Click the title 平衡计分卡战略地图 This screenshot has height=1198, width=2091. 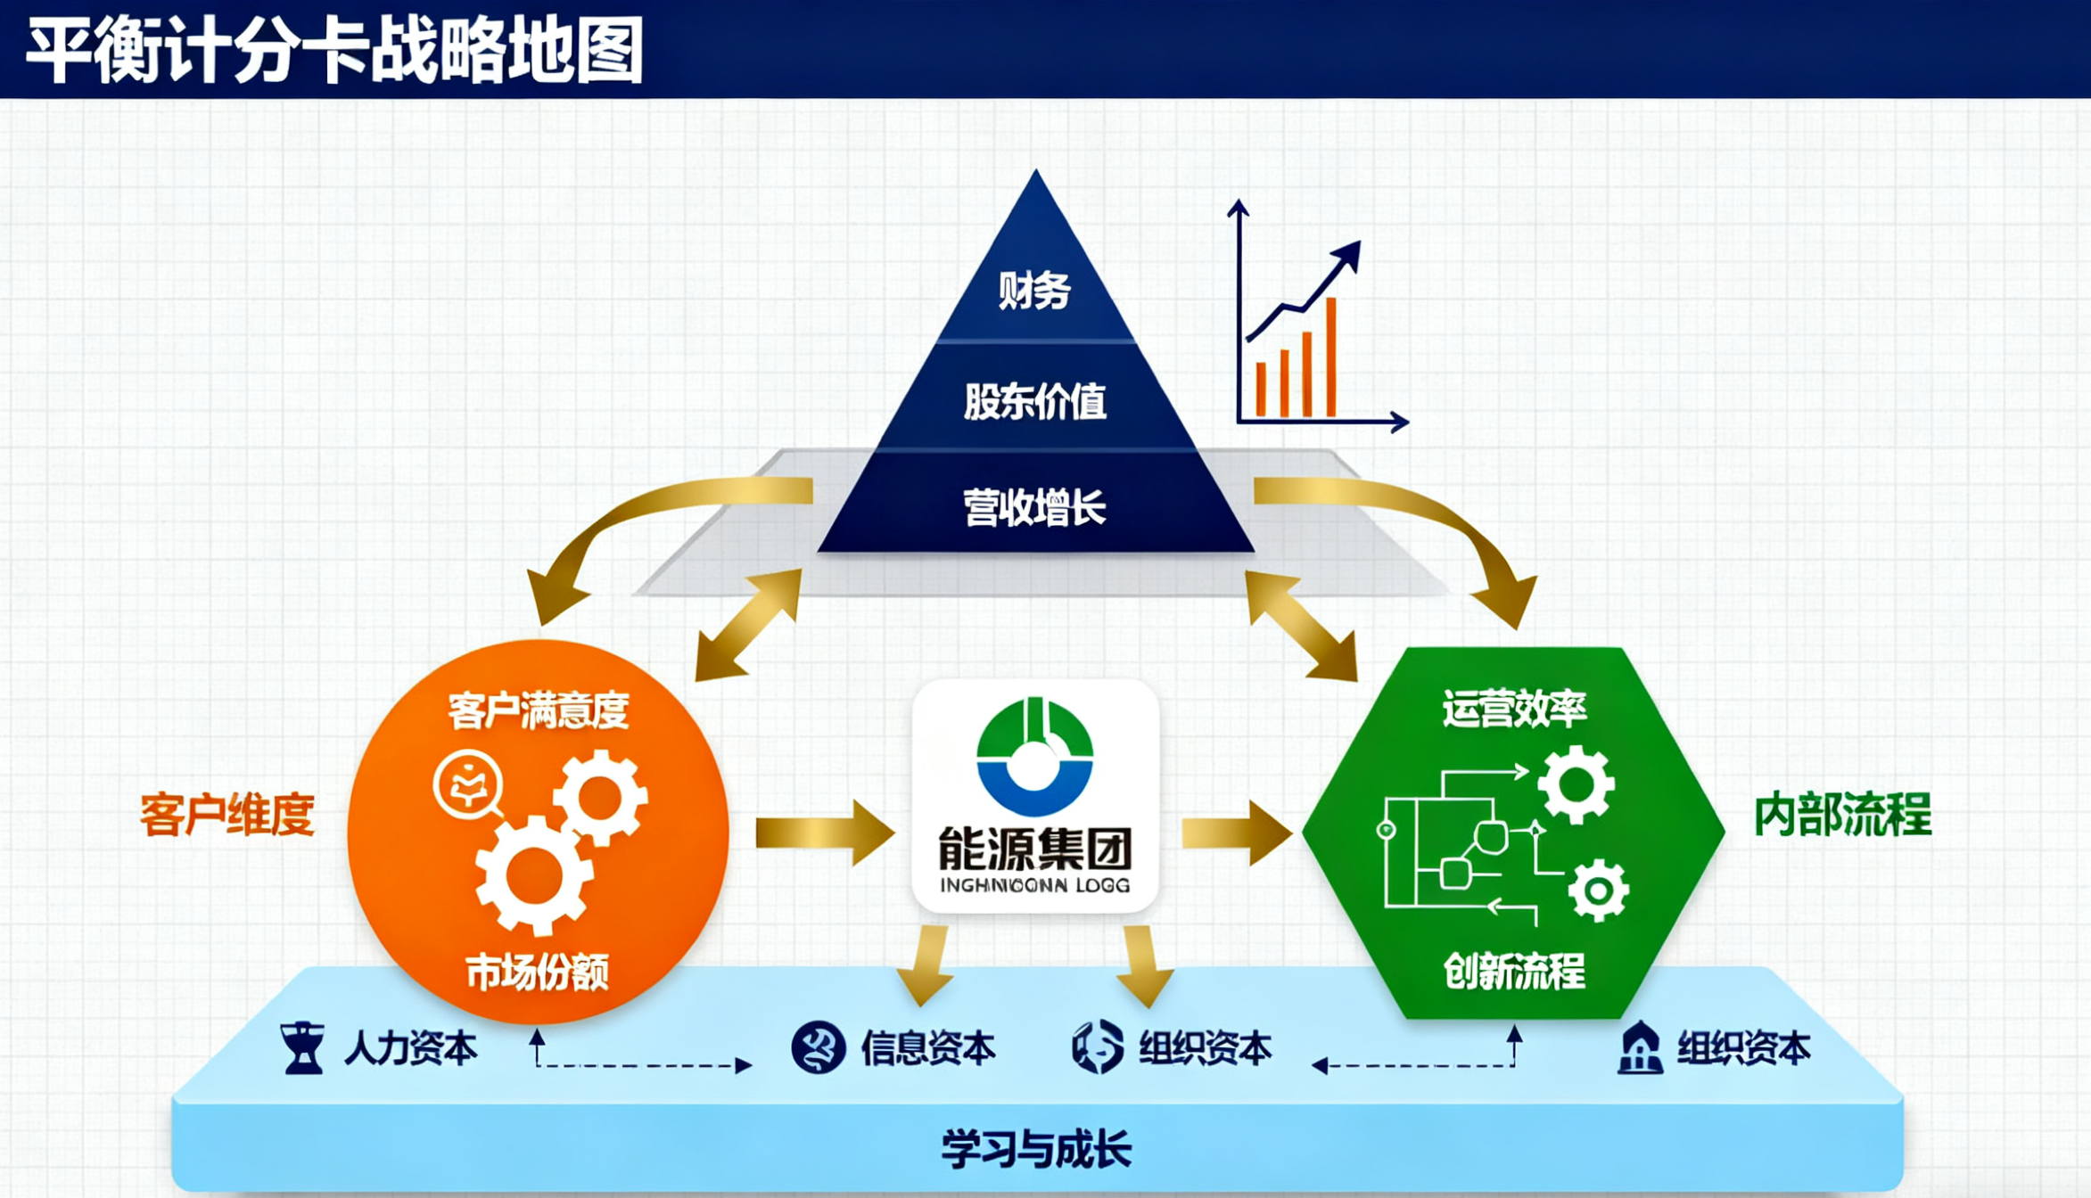coord(335,50)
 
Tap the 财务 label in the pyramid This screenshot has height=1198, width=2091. coord(1034,291)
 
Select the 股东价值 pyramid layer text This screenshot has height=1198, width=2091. coord(1034,401)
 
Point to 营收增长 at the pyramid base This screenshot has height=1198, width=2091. coord(1034,508)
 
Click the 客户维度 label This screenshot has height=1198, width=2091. coord(227,815)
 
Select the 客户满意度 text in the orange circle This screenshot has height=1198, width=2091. coord(539,710)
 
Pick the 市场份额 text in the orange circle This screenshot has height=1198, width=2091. coord(538,972)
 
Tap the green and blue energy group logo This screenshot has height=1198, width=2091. coord(1034,758)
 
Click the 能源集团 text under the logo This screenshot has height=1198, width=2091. coord(1034,849)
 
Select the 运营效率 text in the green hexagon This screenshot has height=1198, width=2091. coord(1514,709)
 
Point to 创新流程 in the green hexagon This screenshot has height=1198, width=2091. coord(1514,971)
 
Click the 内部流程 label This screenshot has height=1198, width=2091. coord(1842,815)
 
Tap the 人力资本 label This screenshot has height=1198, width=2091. coord(410,1048)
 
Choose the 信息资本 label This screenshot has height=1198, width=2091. coord(927,1048)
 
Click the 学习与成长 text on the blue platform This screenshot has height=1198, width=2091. coord(1036,1148)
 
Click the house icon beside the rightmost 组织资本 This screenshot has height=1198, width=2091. coord(1640,1048)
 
